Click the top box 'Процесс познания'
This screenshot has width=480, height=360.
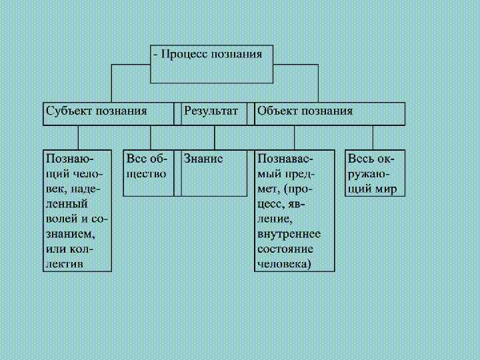click(x=211, y=64)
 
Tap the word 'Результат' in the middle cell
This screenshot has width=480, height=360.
click(x=211, y=111)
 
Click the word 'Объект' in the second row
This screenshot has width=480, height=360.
click(x=277, y=111)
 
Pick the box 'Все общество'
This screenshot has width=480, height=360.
click(x=149, y=173)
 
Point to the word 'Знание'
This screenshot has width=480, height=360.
click(x=203, y=159)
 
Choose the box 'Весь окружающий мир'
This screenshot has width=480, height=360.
click(x=375, y=173)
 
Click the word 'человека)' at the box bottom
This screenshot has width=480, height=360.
click(x=284, y=263)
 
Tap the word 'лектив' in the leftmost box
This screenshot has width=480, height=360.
click(x=64, y=263)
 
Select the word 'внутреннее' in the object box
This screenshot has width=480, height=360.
click(x=289, y=234)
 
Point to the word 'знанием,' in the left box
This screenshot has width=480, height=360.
click(x=70, y=234)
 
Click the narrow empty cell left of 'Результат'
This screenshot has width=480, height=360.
click(x=178, y=114)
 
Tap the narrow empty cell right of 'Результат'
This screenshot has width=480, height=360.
click(x=251, y=114)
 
